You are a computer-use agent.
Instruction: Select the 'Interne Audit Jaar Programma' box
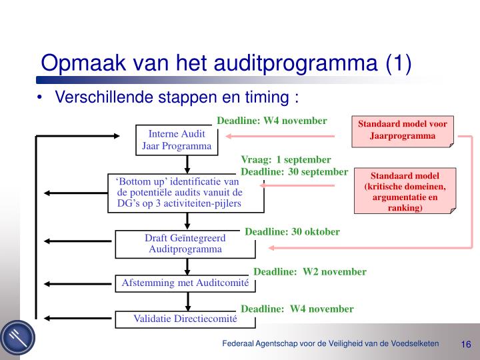177,140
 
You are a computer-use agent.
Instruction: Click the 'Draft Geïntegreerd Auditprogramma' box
185,244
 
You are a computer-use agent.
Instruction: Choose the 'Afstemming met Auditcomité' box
185,283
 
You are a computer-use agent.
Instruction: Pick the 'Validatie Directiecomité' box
185,319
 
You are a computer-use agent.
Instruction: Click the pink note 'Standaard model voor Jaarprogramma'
403,131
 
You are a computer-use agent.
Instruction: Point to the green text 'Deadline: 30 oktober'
292,232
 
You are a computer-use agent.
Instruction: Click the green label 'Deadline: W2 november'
310,271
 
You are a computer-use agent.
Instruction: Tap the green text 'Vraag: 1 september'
285,160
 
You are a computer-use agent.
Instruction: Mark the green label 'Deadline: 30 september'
294,172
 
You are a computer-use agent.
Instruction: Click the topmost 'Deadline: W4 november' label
271,121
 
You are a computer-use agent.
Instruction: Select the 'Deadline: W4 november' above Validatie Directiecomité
297,309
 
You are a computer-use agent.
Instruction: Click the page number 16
465,344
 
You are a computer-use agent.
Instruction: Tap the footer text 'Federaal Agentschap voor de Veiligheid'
331,343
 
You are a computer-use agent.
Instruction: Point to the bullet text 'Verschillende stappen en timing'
176,97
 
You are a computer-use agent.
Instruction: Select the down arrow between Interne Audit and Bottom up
188,164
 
